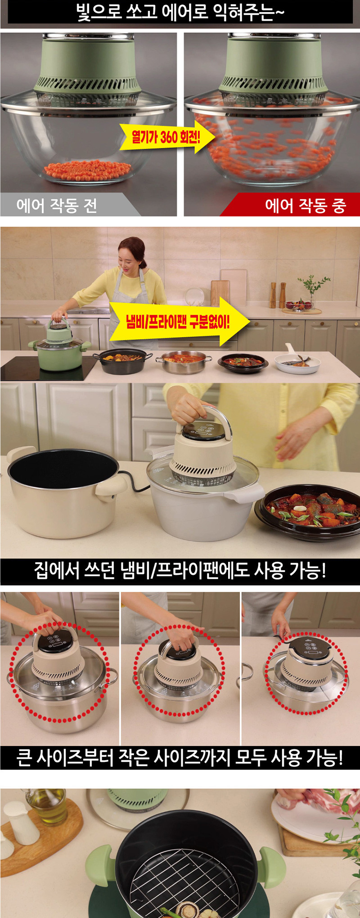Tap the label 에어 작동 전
[57, 206]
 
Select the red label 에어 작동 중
[306, 206]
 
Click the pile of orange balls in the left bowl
[87, 171]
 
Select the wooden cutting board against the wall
[220, 292]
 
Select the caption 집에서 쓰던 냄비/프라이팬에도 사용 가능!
[180, 571]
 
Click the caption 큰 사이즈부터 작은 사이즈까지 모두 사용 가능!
[180, 757]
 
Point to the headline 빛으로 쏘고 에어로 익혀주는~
[180, 12]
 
